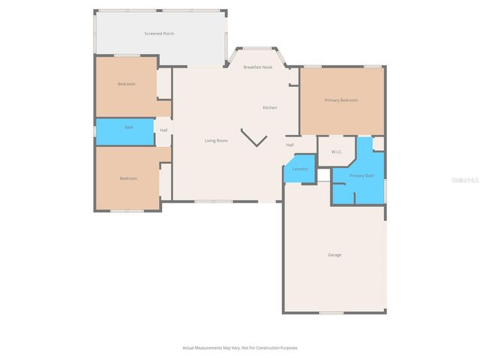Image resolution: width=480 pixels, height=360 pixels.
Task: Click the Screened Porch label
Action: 159,34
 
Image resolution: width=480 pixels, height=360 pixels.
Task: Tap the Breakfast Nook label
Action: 257,67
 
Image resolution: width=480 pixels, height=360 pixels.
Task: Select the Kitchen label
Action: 269,107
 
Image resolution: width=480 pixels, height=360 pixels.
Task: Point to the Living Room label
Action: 216,140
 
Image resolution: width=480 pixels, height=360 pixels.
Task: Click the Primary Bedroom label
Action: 340,100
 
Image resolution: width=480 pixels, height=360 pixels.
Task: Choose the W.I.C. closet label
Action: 337,152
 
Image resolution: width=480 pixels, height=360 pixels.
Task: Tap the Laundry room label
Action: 299,169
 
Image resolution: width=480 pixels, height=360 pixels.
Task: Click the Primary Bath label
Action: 361,175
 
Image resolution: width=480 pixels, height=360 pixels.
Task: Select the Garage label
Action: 334,255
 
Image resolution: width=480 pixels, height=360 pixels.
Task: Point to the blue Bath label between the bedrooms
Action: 129,127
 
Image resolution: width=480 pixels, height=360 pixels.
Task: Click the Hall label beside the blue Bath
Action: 163,130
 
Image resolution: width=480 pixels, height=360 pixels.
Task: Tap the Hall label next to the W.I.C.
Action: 289,145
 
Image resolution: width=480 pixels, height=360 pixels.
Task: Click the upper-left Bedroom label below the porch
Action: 126,84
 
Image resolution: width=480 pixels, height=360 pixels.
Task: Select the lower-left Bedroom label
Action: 128,178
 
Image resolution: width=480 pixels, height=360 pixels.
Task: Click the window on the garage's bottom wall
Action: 331,312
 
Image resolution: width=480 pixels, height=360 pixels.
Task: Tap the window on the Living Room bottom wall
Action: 213,201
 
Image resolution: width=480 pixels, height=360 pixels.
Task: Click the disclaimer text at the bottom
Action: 239,348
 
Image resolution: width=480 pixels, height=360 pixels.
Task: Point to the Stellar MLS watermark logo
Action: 463,180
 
